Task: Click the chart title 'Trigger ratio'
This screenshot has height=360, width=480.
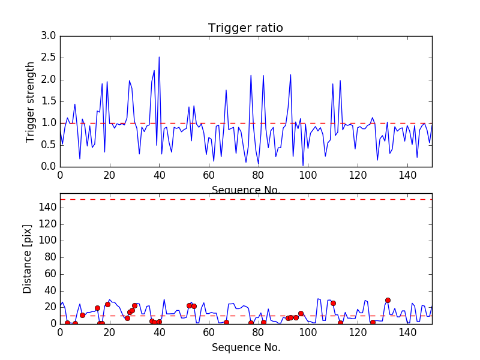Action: pos(245,28)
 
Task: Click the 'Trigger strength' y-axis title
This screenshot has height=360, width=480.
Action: pos(31,101)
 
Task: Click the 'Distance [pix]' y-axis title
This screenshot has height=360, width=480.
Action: pos(28,259)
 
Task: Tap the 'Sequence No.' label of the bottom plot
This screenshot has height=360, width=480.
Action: pos(246,347)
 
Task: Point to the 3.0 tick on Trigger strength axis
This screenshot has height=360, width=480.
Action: pos(49,36)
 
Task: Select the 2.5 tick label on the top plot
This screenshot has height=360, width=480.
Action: pos(49,58)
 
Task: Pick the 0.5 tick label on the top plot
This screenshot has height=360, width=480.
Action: pos(49,145)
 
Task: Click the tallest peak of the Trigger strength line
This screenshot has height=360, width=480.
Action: pos(159,58)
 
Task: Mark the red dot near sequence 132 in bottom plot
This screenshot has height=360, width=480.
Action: pos(388,300)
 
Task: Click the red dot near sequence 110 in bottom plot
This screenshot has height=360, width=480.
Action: pos(333,303)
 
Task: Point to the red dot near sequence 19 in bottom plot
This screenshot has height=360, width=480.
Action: pos(107,304)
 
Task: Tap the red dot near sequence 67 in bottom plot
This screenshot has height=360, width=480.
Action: pos(226,322)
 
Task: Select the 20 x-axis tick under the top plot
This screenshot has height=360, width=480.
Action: pos(109,175)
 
